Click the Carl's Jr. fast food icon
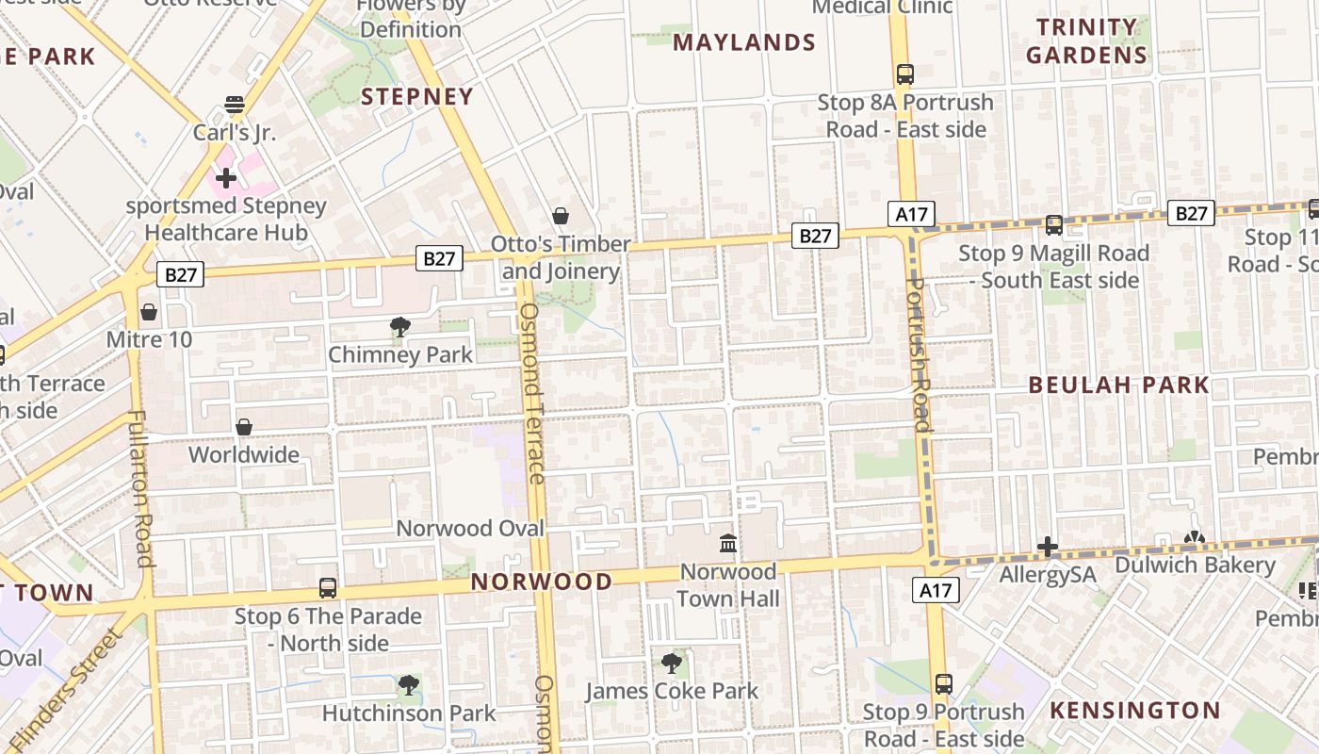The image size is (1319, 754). point(234,104)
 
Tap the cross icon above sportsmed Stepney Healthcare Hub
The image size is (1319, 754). point(225,177)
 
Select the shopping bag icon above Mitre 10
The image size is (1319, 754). point(149,312)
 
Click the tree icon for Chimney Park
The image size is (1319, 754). point(400,327)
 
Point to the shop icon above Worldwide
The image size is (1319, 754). point(244,427)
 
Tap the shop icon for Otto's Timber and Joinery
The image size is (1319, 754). point(561,216)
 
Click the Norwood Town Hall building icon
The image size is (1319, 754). point(727,544)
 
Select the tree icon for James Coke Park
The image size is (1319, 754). point(671,664)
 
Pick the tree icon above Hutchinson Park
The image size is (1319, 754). point(408,685)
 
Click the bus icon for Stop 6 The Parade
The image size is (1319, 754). point(328,588)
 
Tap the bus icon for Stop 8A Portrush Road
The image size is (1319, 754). point(905,74)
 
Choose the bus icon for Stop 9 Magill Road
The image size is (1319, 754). point(1054,225)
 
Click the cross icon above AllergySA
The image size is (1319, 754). point(1048,547)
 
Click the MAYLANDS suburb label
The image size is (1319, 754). point(744,42)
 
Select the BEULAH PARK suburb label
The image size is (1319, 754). point(1118,385)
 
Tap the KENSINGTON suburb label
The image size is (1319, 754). point(1135,710)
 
